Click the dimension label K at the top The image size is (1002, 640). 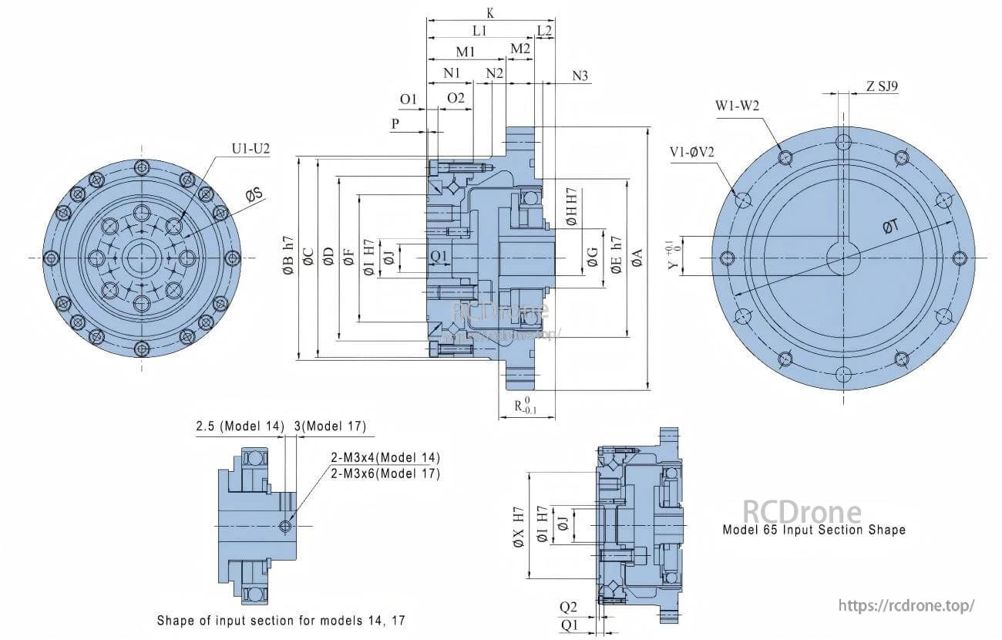[x=490, y=13]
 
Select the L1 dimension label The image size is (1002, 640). [x=479, y=31]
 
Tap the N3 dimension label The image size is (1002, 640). [x=580, y=76]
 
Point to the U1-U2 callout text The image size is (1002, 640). [x=250, y=148]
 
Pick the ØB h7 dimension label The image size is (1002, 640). [x=288, y=257]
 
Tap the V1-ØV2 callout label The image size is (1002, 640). [x=691, y=151]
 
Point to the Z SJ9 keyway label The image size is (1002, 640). [x=882, y=86]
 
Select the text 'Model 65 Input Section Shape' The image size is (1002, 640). [x=813, y=531]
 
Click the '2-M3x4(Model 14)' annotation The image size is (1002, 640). [x=385, y=457]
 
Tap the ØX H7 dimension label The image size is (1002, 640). [x=519, y=527]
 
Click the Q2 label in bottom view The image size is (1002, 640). [x=568, y=607]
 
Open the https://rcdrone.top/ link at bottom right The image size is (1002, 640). [x=906, y=606]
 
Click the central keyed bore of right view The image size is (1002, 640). [x=843, y=258]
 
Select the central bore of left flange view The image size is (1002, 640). [x=141, y=258]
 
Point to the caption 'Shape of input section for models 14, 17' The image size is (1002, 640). [x=281, y=620]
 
